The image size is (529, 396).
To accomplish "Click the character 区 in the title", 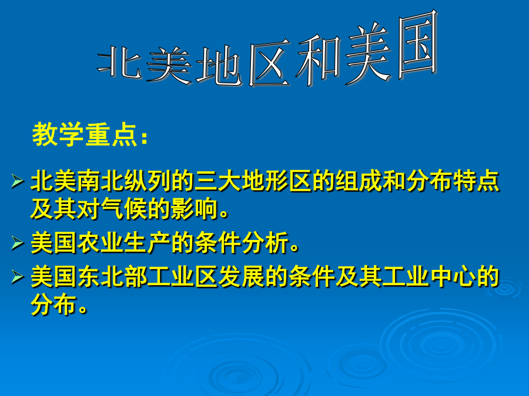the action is (269, 63).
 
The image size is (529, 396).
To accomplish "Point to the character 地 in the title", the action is (219, 66).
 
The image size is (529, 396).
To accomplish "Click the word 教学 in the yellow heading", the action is (58, 134).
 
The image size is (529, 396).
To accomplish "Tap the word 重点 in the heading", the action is (111, 135).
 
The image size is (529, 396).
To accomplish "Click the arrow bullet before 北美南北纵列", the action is (17, 181).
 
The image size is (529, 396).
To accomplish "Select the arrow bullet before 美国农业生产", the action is (17, 243).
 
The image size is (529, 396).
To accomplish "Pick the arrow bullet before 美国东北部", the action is (17, 277).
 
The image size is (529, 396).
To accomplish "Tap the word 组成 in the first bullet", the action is (347, 181).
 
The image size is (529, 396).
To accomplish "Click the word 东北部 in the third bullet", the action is (112, 276).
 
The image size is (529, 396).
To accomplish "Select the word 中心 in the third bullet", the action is (453, 276).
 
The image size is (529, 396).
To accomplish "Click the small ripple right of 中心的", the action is (505, 288).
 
